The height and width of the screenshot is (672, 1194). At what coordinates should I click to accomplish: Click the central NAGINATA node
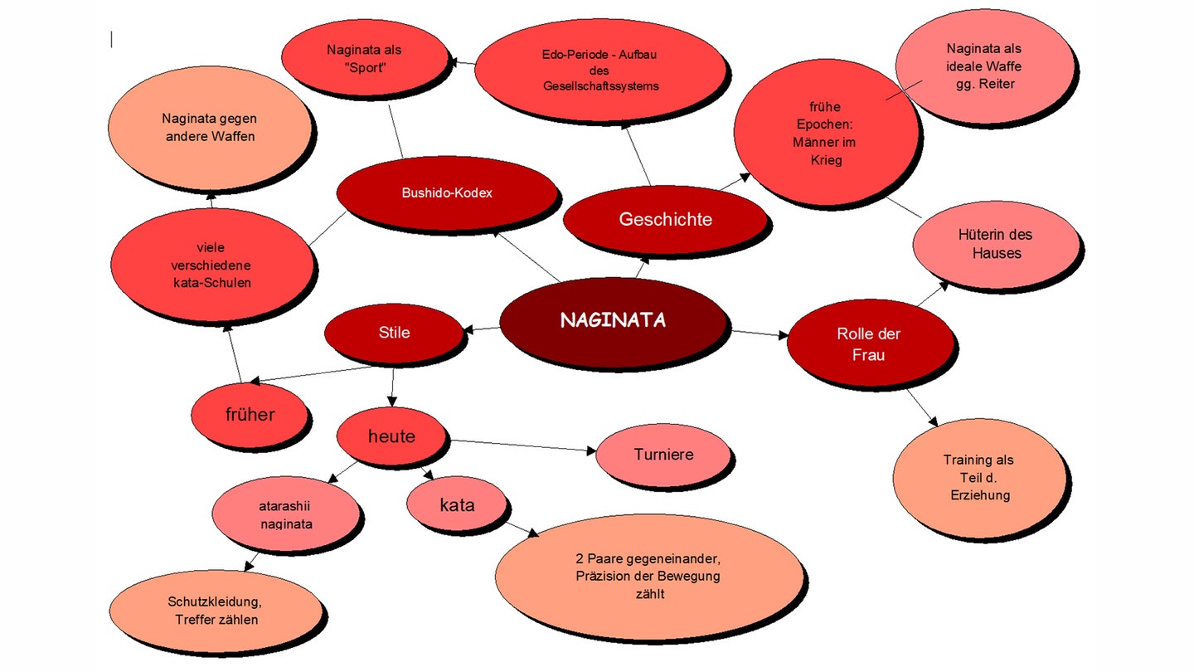tap(614, 321)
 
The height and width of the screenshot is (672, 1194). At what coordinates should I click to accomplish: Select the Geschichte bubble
tap(665, 219)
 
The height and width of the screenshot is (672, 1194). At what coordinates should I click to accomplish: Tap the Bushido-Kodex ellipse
tap(447, 193)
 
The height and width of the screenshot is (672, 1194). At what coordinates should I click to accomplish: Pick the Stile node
tap(393, 334)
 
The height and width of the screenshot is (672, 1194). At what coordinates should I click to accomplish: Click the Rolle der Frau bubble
tap(868, 344)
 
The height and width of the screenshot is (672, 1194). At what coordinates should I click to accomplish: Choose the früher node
tap(250, 414)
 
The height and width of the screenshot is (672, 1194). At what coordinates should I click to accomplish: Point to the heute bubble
tap(391, 436)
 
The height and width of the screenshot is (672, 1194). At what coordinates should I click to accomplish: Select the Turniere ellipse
tap(663, 455)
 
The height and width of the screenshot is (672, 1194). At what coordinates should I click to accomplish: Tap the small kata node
tap(457, 504)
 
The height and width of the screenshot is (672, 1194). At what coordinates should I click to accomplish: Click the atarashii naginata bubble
tap(285, 515)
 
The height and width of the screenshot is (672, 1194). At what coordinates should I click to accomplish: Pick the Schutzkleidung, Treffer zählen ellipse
tap(216, 611)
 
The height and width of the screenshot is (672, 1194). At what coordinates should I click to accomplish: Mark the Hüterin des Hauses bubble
tap(997, 244)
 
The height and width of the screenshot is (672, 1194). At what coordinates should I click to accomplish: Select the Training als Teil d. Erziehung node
tap(978, 477)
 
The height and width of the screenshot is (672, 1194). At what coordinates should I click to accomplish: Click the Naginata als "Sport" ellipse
tap(364, 60)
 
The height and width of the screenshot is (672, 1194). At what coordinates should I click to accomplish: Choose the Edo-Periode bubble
tap(600, 71)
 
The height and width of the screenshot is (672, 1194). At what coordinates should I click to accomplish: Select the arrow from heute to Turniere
tap(522, 446)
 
